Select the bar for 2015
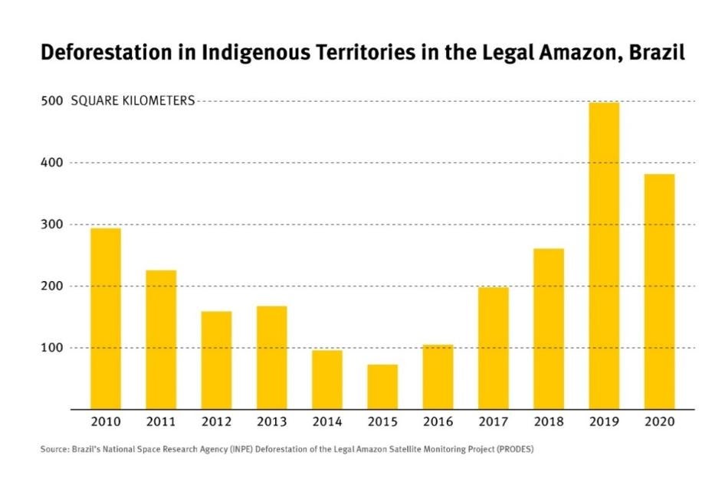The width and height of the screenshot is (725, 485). pos(382,386)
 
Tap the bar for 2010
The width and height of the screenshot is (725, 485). pos(106,318)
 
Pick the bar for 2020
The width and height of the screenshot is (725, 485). pos(659,291)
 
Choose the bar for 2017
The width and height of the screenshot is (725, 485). pos(493,348)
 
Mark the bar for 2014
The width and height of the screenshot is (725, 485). pos(327,379)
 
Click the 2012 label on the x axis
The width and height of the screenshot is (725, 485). pos(216,422)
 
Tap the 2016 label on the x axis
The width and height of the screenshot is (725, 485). pos(438,422)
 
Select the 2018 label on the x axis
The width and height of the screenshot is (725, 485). pos(549,422)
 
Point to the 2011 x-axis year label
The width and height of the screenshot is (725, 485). pos(161,422)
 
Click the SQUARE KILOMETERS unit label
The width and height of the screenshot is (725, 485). pos(133,101)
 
